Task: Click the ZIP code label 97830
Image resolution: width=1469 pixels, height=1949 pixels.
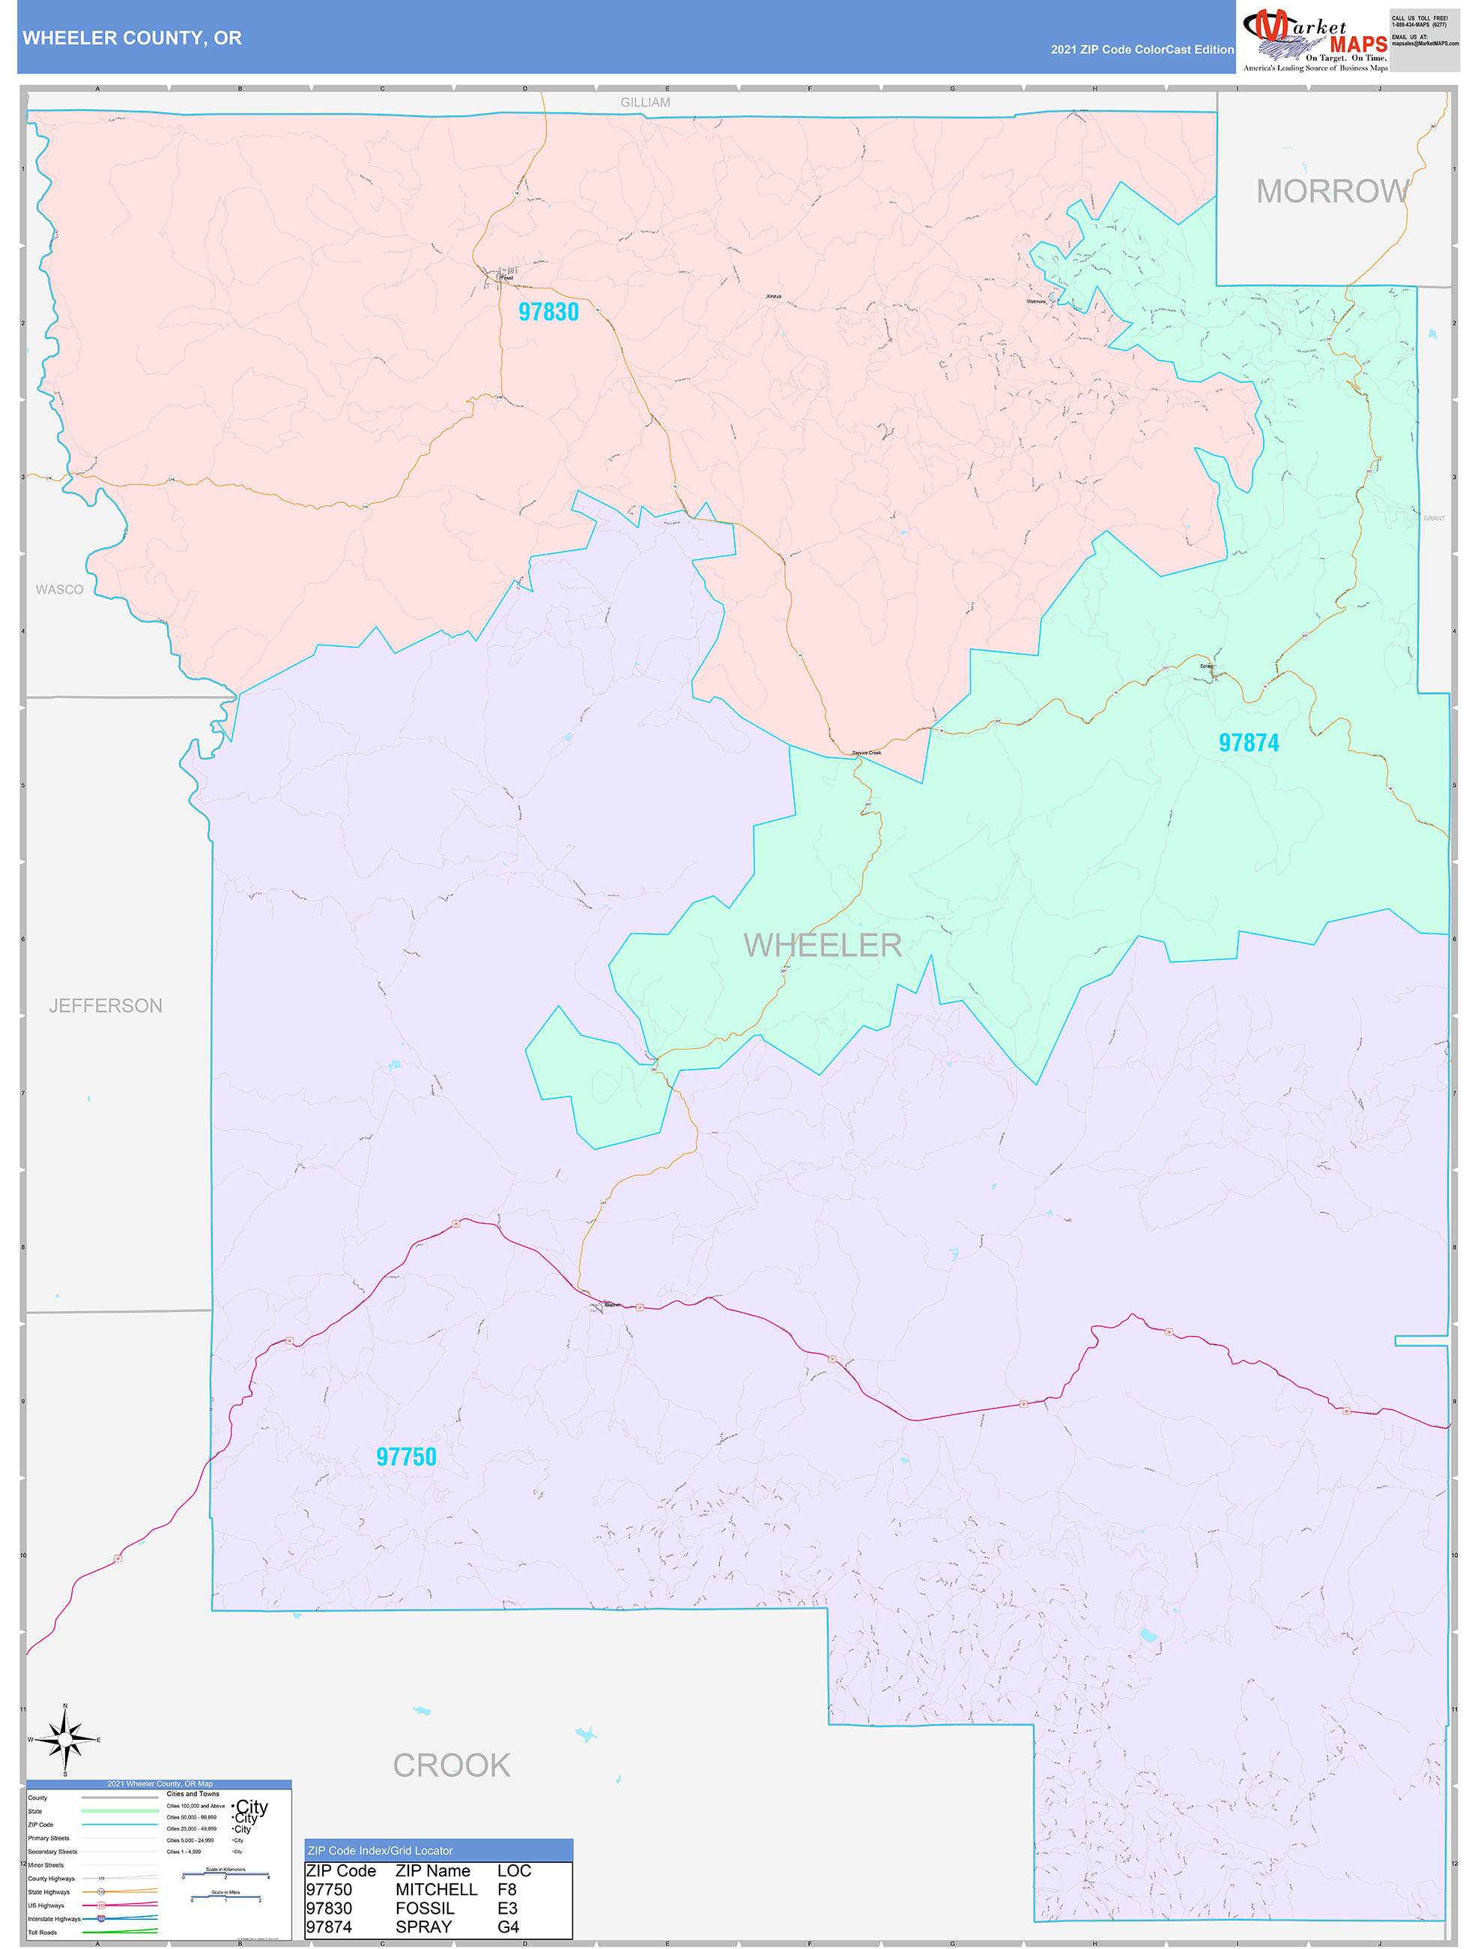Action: [548, 312]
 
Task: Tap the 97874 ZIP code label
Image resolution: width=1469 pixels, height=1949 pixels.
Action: [1248, 743]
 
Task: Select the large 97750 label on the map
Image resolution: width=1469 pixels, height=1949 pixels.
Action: [406, 1457]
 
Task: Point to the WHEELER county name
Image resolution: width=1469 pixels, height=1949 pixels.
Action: [822, 945]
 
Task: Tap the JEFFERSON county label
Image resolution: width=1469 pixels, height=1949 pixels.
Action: [106, 1005]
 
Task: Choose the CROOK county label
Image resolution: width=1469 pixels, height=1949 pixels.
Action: [451, 1765]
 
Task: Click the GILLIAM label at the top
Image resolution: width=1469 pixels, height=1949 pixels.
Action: [645, 102]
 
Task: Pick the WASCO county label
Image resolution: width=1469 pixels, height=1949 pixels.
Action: [59, 589]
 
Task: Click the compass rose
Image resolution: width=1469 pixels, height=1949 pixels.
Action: [65, 1739]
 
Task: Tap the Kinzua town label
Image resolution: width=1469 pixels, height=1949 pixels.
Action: [773, 296]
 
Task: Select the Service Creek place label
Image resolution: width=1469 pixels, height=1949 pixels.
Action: [867, 753]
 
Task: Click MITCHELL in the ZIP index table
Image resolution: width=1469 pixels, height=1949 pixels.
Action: [436, 1889]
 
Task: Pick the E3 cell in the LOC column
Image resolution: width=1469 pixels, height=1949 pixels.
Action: [507, 1908]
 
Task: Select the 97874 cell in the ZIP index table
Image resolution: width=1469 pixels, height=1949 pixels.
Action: [329, 1927]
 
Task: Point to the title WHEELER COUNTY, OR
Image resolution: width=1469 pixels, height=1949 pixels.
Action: [132, 38]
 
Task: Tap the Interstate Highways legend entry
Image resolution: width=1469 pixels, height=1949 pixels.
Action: [54, 1918]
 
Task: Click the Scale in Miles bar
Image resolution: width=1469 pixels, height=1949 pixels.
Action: [225, 1897]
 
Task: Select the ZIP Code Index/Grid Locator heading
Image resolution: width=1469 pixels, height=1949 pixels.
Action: [380, 1850]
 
